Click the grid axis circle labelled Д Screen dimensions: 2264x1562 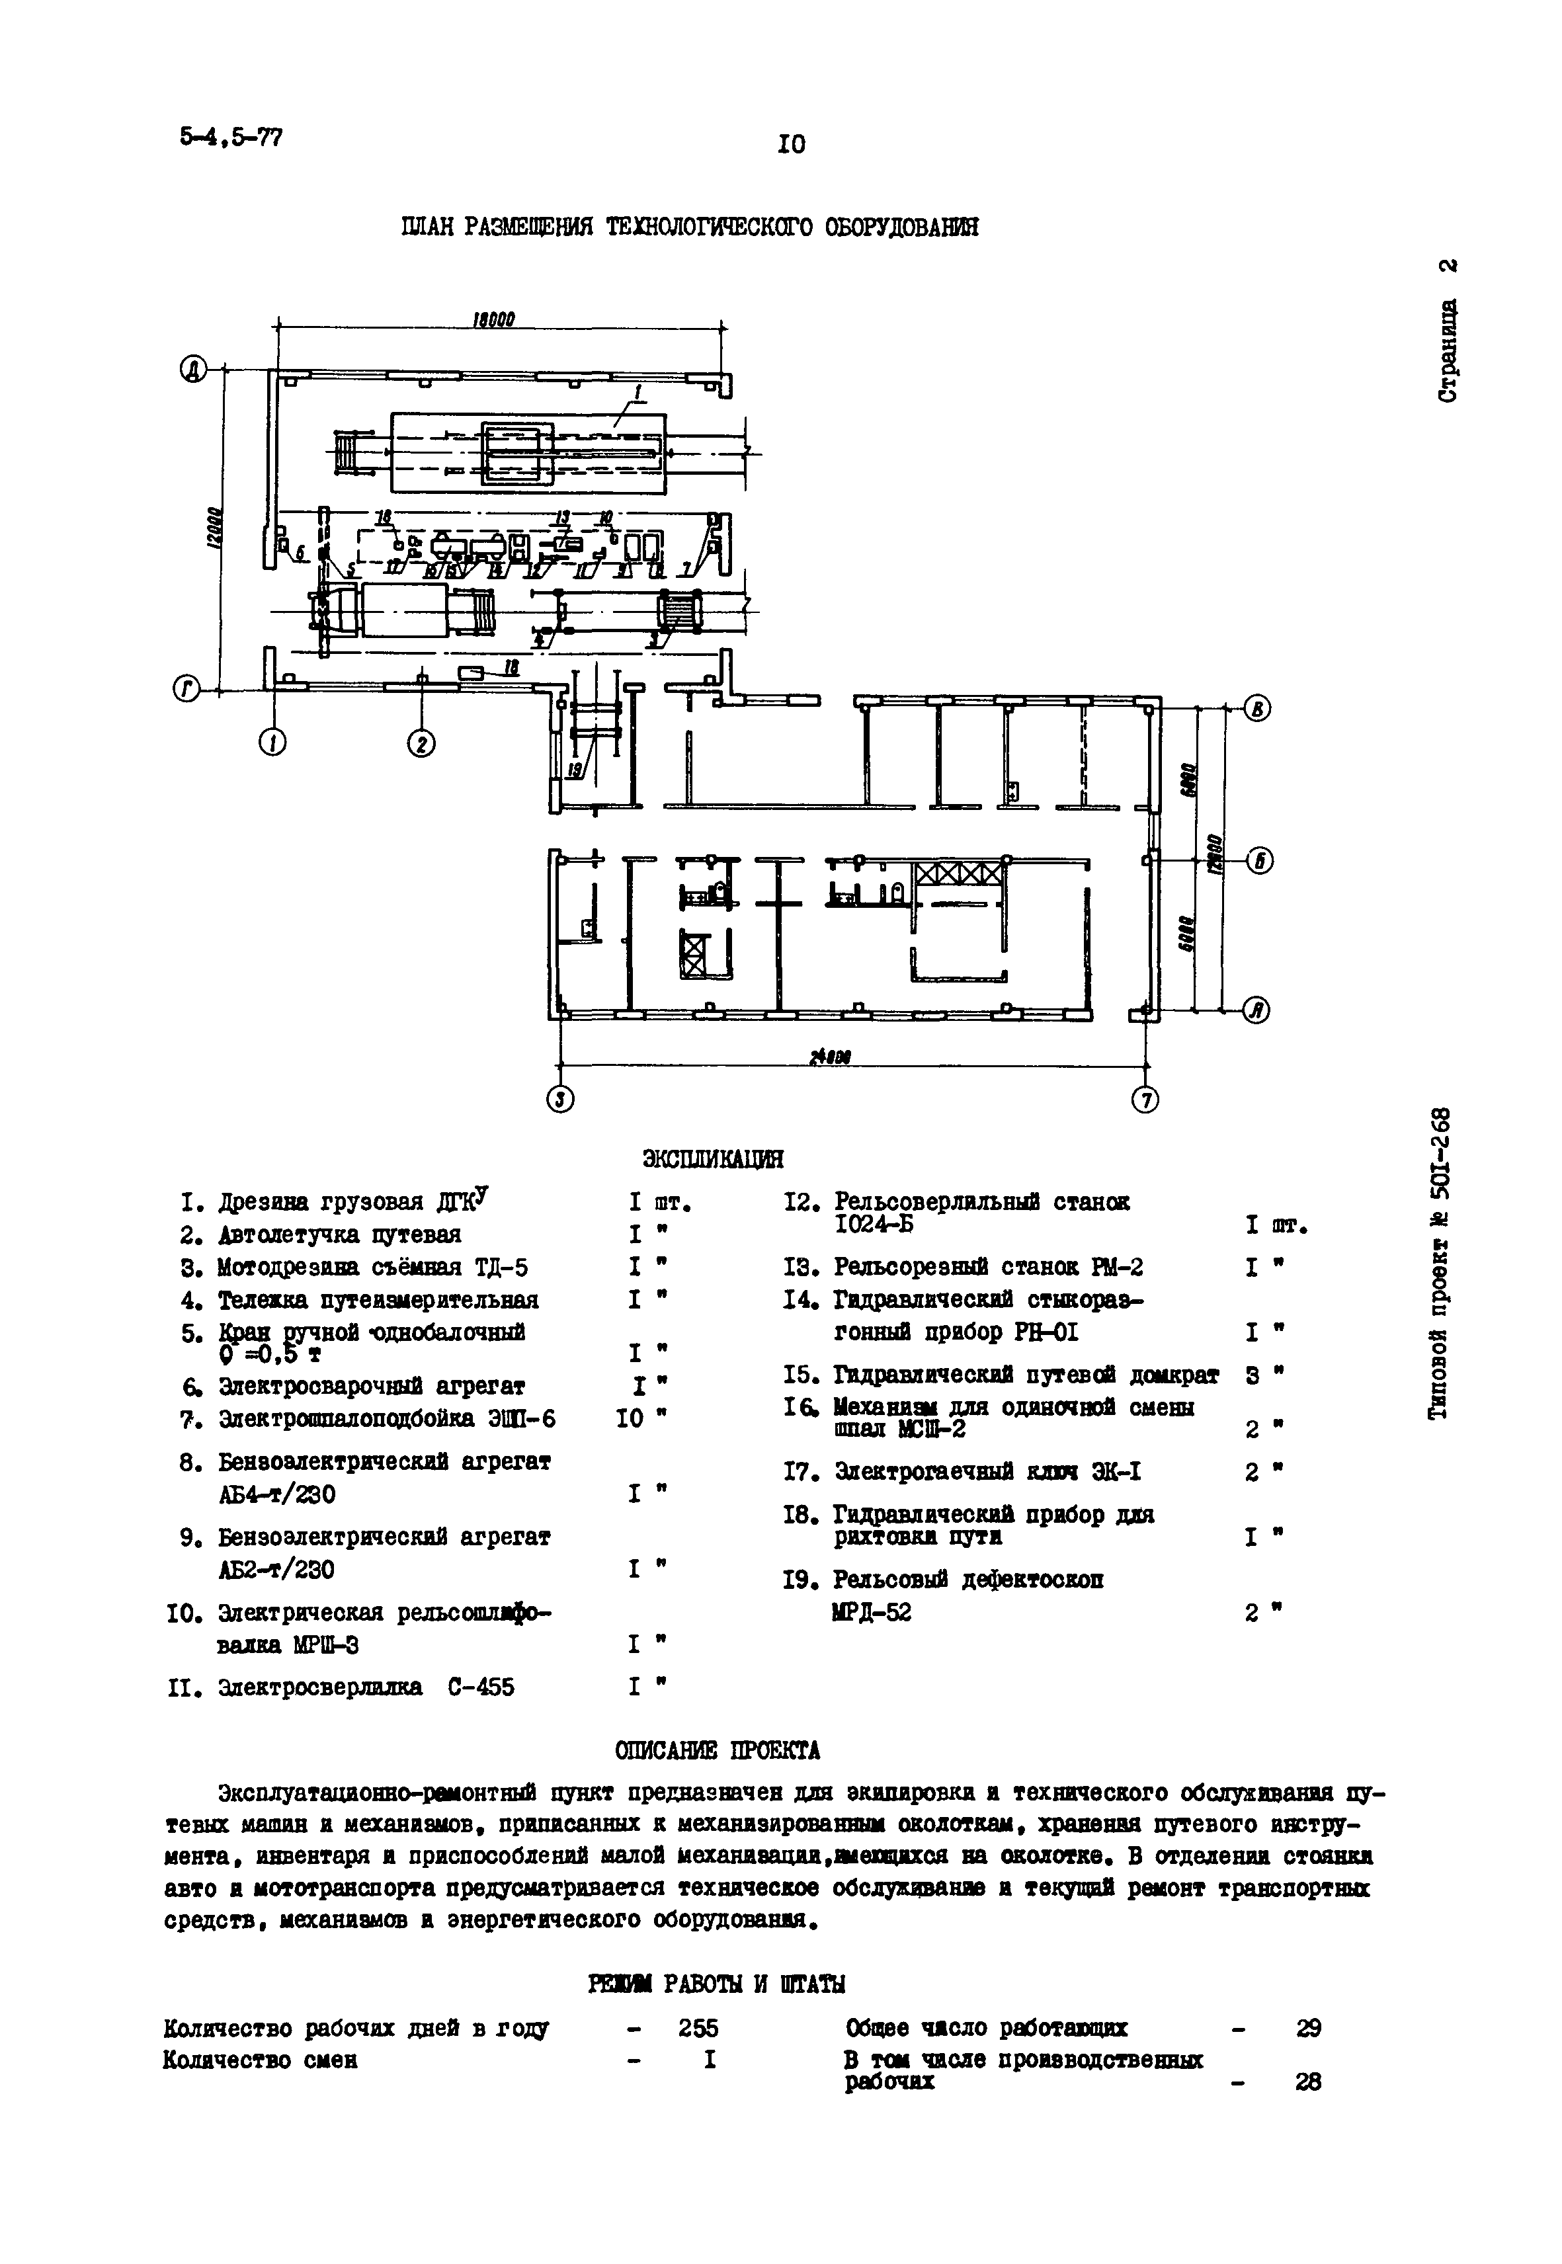tap(193, 370)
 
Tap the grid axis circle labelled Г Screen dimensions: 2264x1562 tap(186, 691)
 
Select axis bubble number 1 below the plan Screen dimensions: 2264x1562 tap(273, 745)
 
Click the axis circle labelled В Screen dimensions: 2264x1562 tap(1258, 709)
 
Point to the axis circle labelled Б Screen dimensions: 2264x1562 tap(1260, 861)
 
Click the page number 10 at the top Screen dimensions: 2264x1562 tap(791, 145)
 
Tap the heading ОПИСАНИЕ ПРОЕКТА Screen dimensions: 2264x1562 tap(718, 1750)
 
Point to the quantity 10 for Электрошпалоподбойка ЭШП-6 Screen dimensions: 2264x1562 tap(632, 1418)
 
